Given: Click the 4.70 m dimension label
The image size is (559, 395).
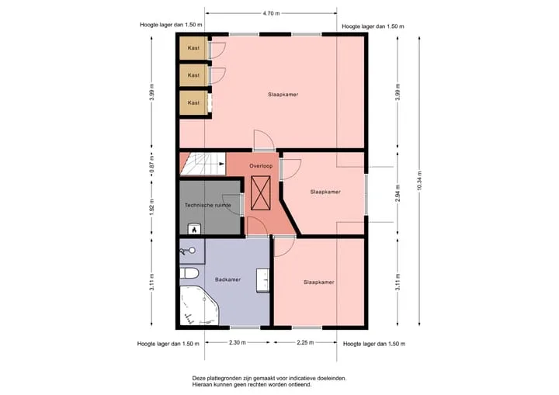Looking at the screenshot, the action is click(271, 13).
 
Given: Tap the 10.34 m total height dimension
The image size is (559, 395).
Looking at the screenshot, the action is click(419, 181).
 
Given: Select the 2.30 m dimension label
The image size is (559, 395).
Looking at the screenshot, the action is click(237, 342).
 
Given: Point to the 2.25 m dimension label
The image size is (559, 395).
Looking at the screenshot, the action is click(305, 342).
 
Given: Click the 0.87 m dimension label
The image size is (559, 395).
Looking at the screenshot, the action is click(151, 165).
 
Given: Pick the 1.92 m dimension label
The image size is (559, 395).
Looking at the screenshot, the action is click(151, 207).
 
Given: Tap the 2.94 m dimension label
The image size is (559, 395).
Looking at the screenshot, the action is click(398, 193).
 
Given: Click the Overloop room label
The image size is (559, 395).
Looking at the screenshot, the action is click(261, 166).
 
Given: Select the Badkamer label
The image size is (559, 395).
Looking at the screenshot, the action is click(227, 279).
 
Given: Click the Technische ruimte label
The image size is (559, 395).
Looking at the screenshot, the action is click(208, 205).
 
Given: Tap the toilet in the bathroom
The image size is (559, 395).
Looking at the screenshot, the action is click(189, 273).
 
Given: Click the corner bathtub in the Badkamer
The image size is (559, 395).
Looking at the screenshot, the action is click(199, 305).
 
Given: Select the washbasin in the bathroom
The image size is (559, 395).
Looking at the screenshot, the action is click(262, 281).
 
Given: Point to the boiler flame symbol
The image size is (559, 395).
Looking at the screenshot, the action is click(194, 229).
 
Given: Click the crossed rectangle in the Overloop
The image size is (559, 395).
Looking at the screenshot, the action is click(261, 193).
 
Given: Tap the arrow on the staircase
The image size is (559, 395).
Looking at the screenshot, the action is click(221, 164).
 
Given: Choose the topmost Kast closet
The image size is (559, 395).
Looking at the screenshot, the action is click(193, 48).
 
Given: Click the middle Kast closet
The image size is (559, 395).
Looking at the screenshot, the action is click(193, 75).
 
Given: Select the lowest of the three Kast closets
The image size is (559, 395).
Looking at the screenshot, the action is click(193, 102).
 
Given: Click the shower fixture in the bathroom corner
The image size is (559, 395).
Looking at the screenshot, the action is click(188, 251).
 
